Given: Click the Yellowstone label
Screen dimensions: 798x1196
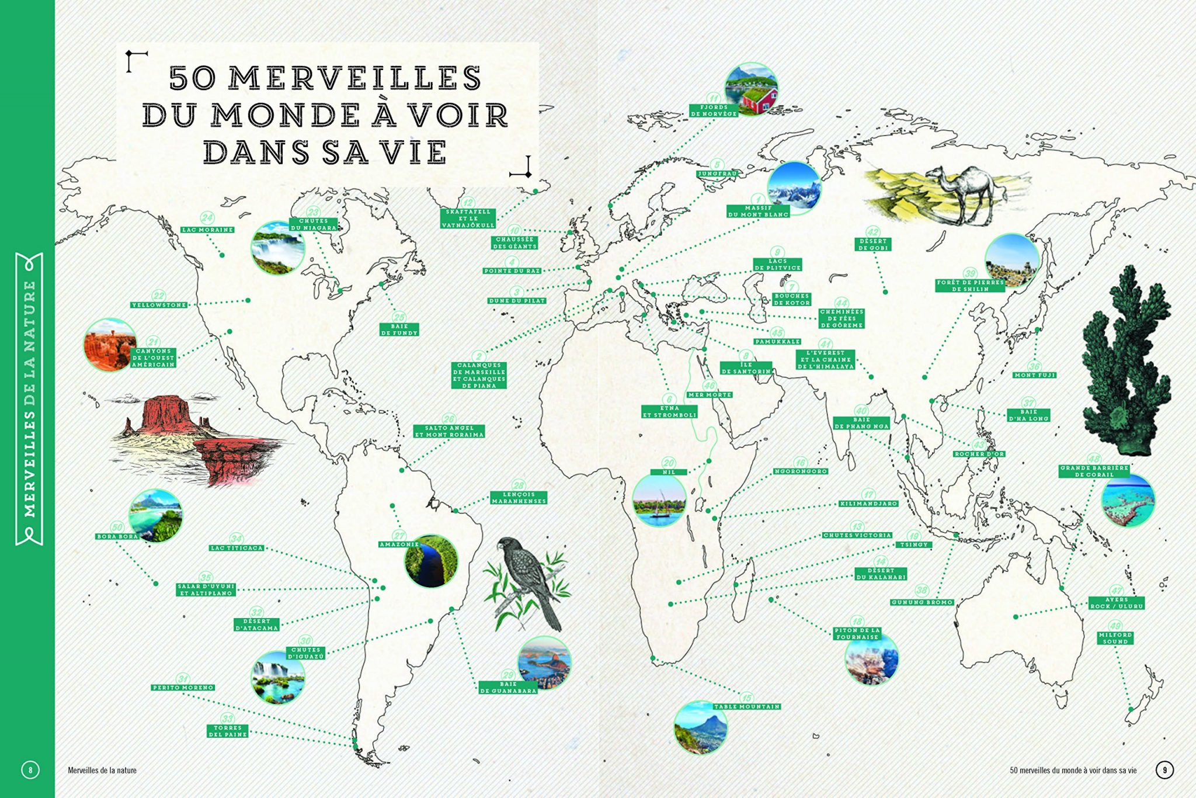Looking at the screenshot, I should click(x=159, y=305).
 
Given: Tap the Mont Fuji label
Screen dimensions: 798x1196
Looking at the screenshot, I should click(x=1034, y=375).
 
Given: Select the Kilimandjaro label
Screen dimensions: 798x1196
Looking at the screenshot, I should click(x=868, y=504).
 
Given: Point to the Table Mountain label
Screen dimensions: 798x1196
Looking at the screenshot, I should click(x=747, y=707).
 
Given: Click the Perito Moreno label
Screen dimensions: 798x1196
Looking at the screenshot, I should click(x=183, y=688).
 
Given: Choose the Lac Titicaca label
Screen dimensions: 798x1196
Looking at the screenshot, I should click(x=237, y=548).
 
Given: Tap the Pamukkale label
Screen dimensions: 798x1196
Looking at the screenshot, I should click(x=777, y=342).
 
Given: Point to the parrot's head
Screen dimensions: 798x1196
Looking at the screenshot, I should click(x=506, y=546).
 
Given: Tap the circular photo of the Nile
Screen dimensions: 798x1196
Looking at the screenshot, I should click(x=659, y=500).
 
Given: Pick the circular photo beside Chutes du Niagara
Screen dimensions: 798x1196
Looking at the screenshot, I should click(x=278, y=248).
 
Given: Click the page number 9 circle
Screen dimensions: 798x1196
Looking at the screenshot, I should click(x=1164, y=770).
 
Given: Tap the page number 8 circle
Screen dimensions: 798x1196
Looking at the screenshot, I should click(x=30, y=770).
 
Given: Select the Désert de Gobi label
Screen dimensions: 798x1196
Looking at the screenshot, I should click(x=873, y=244).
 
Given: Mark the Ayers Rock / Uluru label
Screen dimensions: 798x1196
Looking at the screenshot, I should click(x=1117, y=603).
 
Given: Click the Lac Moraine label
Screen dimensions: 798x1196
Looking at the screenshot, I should click(x=208, y=230).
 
